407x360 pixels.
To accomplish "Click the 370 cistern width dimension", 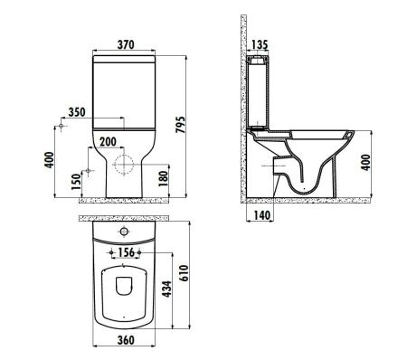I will pos(126,45).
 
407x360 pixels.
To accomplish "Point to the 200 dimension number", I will pos(108,142).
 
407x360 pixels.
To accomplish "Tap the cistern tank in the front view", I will pos(126,90).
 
